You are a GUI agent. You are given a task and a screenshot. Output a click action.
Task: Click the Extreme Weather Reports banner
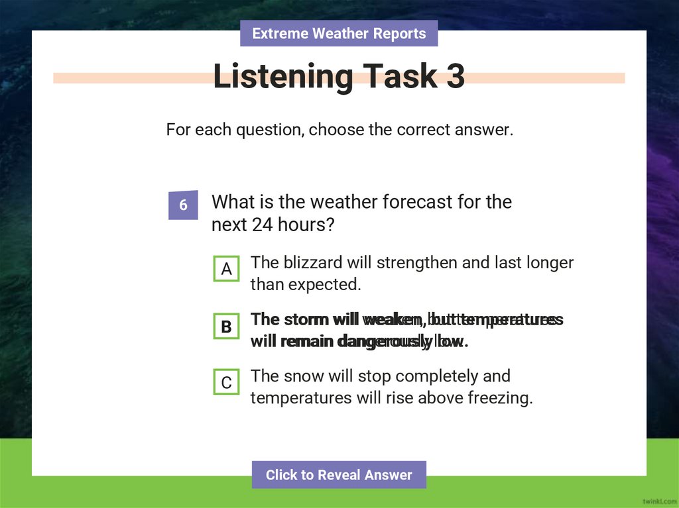click(x=339, y=33)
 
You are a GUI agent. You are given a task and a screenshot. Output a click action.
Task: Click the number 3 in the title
click(x=455, y=77)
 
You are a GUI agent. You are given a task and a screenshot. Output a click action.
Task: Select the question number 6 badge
click(x=183, y=205)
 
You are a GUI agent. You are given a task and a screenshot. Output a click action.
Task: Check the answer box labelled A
click(x=227, y=269)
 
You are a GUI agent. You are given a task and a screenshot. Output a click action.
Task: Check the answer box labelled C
click(x=227, y=383)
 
